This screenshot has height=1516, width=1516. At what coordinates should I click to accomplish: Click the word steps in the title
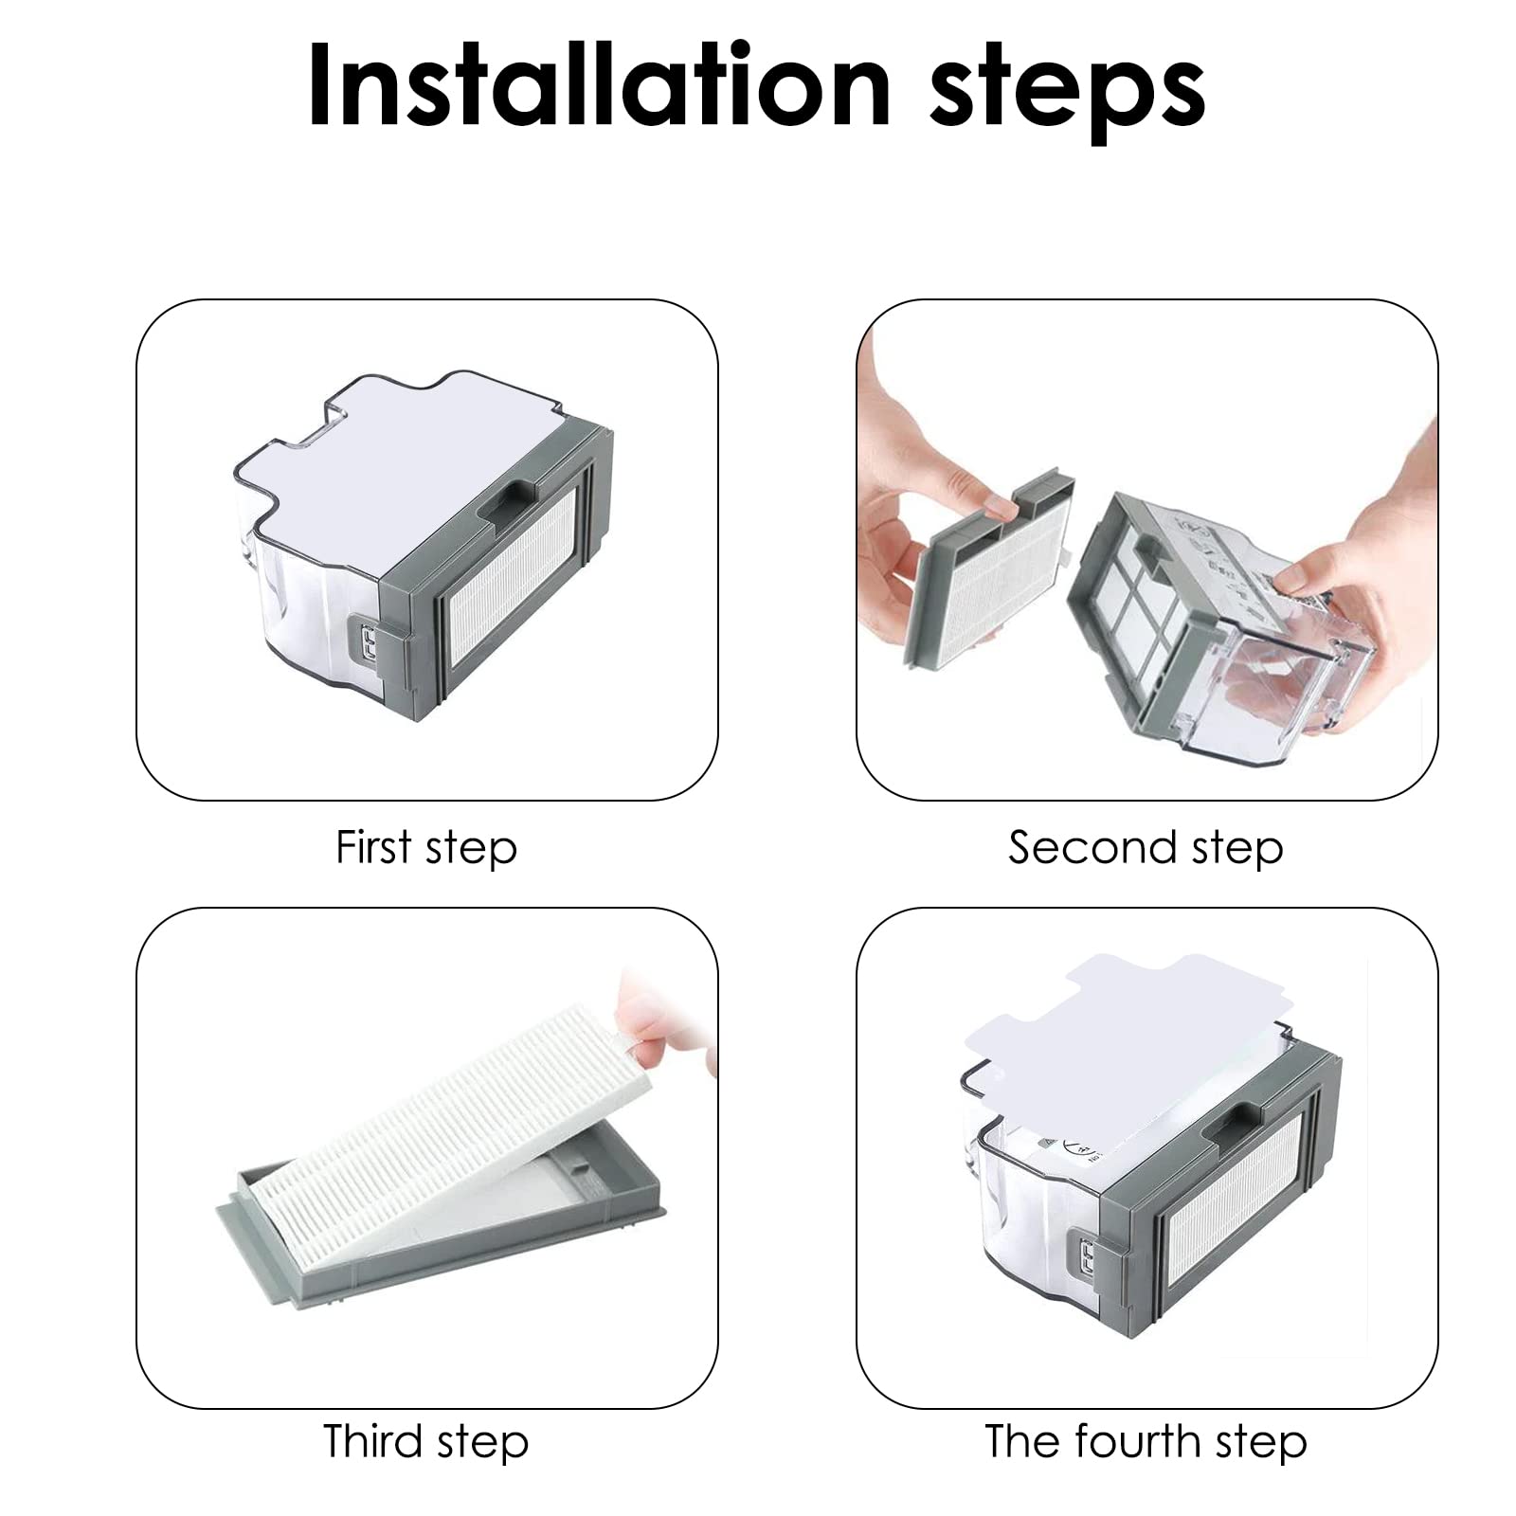point(1067,93)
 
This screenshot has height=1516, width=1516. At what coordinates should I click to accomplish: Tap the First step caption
point(426,847)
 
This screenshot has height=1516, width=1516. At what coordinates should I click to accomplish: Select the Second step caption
point(1146,847)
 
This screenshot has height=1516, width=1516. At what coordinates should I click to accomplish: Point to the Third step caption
point(425,1441)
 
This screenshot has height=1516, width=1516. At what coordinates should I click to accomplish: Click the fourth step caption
point(1146,1441)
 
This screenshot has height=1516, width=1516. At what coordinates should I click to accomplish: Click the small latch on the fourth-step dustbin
point(1089,1258)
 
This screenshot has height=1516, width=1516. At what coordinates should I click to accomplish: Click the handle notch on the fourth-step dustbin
point(1230,1118)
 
